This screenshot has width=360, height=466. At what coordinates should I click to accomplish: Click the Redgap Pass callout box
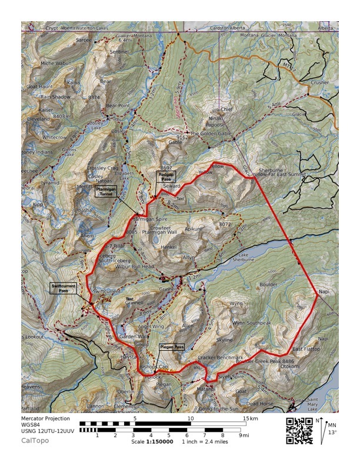coord(166,176)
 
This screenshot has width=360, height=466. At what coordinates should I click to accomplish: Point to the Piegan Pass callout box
coord(171,347)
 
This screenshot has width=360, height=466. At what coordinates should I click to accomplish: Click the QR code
coord(298,430)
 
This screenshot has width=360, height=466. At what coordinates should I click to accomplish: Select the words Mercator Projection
coord(46,419)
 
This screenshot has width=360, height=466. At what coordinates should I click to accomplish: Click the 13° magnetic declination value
coord(332,432)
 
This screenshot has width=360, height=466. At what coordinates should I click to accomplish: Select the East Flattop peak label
coord(305,349)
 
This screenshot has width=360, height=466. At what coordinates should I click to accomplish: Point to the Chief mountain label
coord(228,109)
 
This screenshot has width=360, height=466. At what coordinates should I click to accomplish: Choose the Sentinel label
coord(119,52)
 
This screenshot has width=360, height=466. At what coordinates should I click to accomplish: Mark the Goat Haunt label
coord(39,86)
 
